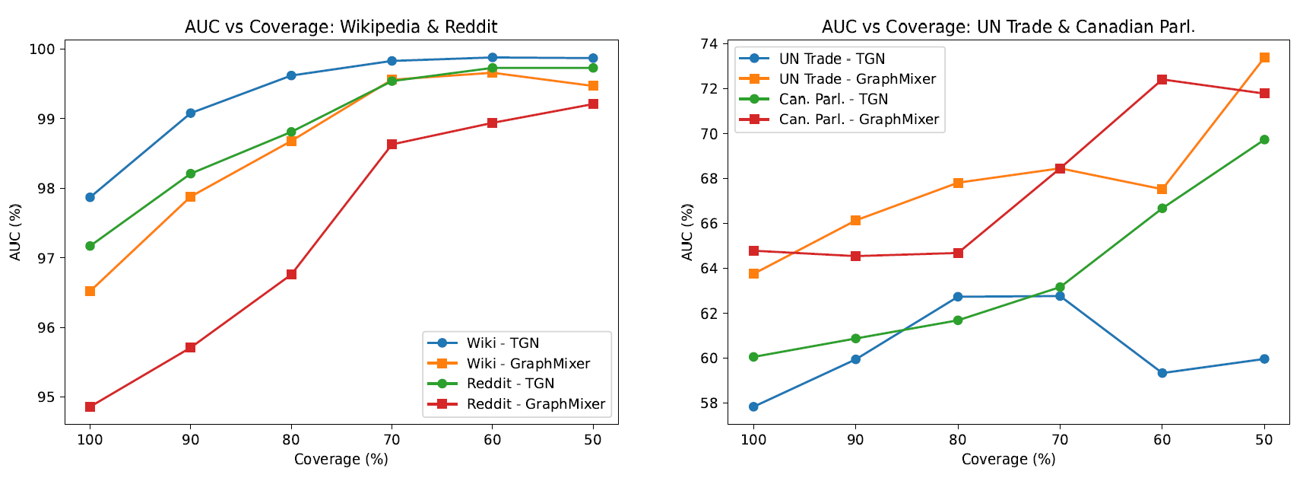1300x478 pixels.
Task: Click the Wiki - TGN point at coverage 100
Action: tap(90, 197)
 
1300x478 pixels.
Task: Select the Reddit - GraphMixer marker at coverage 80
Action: tap(291, 274)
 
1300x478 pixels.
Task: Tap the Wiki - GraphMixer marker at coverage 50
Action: tap(593, 86)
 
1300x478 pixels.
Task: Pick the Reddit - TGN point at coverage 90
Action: tap(191, 174)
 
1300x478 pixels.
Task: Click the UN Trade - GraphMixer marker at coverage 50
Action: tap(1264, 57)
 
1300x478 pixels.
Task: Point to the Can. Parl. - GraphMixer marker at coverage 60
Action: tap(1162, 79)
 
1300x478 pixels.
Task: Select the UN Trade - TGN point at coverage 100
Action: tap(753, 406)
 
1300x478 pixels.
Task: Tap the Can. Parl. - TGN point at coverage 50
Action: tap(1264, 139)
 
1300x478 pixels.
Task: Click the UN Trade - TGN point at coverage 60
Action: tap(1162, 373)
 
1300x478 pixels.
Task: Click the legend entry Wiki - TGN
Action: tap(503, 343)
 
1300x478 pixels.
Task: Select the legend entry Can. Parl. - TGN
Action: tap(833, 99)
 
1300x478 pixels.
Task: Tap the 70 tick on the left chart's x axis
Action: tap(392, 440)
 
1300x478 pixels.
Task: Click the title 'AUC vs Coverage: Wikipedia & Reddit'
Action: tap(341, 27)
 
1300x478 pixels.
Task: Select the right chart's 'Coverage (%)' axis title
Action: tap(1008, 459)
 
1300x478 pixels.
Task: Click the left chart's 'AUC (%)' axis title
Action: tap(15, 231)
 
